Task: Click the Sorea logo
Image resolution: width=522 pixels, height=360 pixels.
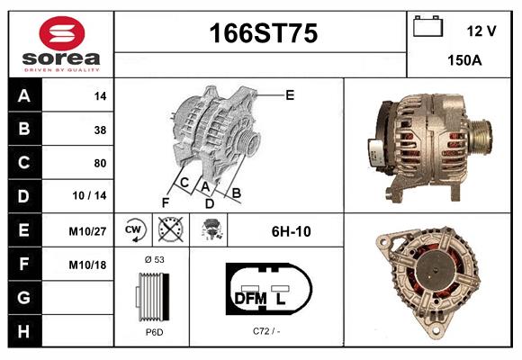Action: click(60, 44)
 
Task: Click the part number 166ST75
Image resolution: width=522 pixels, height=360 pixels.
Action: click(263, 34)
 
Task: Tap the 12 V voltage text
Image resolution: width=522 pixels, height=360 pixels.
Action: click(481, 31)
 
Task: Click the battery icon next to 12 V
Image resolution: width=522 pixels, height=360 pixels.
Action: click(426, 28)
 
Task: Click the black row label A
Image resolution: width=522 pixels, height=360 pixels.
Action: click(24, 95)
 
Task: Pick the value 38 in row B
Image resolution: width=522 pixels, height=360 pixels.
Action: click(100, 130)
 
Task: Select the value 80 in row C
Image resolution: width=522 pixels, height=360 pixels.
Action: click(100, 164)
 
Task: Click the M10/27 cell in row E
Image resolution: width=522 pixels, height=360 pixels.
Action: click(88, 231)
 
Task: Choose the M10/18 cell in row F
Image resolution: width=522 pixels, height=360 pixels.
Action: click(88, 265)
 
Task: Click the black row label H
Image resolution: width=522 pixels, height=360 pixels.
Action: click(24, 331)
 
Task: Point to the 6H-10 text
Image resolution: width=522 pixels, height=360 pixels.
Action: click(291, 231)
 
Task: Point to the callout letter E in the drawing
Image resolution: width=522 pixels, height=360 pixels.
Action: click(290, 94)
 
